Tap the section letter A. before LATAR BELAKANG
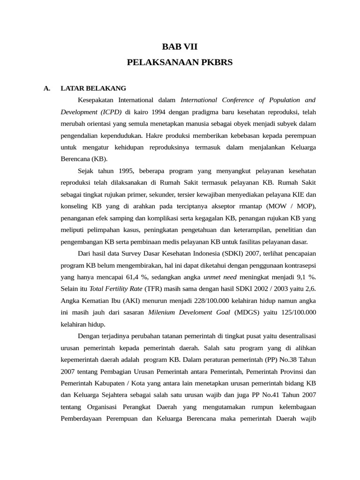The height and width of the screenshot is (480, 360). pos(46,88)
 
